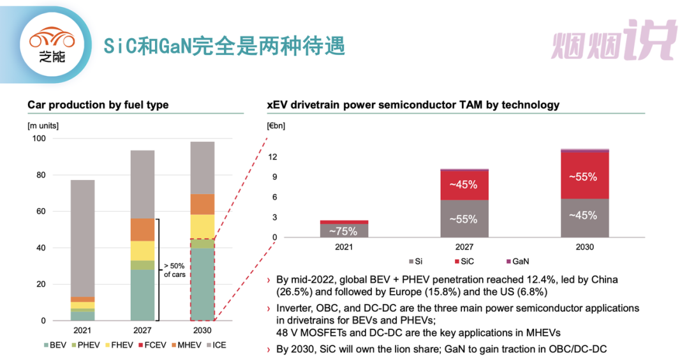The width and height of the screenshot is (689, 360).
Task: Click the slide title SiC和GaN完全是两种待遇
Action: coord(225,45)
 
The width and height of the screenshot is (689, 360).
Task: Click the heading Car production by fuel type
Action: coord(98,105)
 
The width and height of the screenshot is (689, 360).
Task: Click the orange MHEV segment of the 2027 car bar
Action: coord(143,229)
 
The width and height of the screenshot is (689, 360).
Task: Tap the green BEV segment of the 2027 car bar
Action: coord(143,294)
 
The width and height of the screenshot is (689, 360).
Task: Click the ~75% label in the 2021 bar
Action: coord(344,231)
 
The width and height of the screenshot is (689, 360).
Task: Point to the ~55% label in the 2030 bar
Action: coord(583,177)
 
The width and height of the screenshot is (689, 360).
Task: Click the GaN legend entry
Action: coord(517,261)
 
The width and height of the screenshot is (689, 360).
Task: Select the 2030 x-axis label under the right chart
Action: coord(583,247)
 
